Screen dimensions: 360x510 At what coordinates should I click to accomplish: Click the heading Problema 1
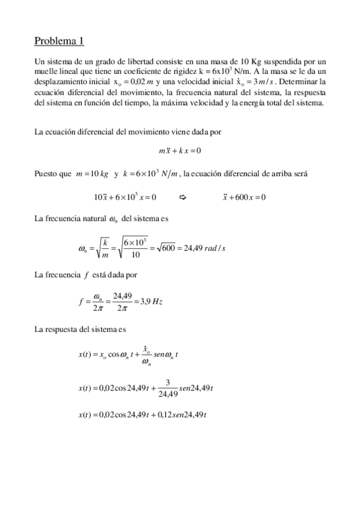59,41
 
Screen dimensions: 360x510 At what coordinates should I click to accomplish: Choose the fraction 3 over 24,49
168,389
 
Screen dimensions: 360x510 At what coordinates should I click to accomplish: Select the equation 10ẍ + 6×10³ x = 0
125,197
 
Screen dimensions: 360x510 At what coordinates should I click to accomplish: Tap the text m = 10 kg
92,174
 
